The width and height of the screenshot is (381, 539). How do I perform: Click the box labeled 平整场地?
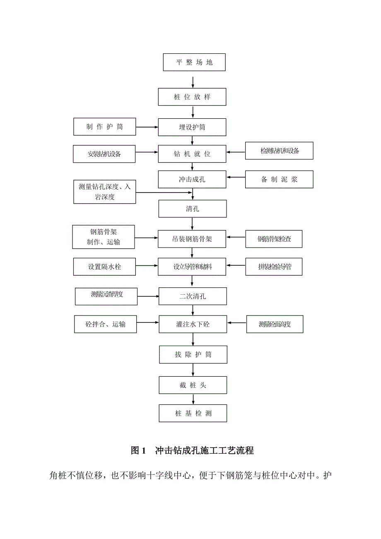194,62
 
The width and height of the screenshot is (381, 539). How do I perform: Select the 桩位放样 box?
193,97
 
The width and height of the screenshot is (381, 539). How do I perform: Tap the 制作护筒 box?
104,127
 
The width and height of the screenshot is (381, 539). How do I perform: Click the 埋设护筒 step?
193,127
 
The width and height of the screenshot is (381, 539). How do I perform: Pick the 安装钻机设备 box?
104,154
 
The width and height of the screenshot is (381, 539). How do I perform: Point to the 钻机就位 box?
193,154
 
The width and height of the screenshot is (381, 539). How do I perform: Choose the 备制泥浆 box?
279,180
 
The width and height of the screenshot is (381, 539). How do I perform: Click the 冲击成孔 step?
193,180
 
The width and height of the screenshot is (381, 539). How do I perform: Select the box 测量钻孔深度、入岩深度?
105,192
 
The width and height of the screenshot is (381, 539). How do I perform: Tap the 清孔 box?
193,209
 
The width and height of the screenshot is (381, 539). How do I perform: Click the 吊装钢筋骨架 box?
193,238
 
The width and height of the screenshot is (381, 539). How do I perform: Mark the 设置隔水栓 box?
104,267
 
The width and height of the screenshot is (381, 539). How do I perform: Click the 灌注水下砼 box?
193,324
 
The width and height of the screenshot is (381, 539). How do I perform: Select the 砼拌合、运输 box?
105,324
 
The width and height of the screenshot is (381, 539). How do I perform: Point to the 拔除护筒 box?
193,355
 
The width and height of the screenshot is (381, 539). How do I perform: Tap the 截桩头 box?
193,385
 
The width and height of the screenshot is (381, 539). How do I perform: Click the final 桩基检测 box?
193,413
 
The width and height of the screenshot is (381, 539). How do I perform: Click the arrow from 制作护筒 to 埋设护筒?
147,127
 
